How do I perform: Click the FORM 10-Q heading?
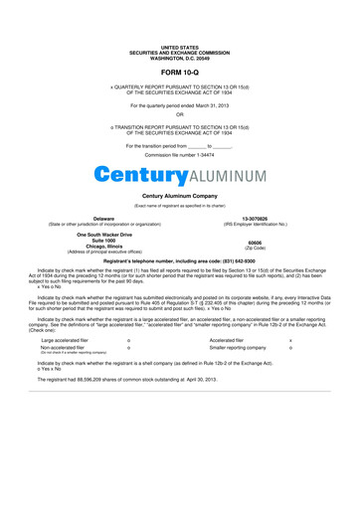click(180, 74)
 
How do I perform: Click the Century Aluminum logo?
click(180, 175)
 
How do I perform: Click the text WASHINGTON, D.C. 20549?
click(180, 57)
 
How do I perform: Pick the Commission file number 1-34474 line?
click(180, 156)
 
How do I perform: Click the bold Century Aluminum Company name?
click(180, 197)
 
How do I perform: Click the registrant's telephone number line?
click(180, 259)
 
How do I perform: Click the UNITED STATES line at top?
click(180, 47)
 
